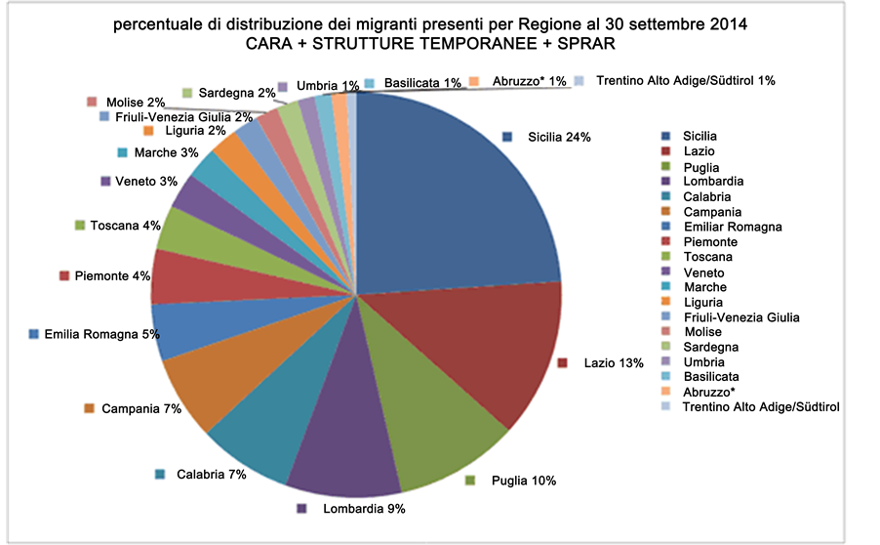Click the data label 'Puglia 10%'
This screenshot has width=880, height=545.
[x=523, y=481]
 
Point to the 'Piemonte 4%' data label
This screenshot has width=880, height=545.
[x=111, y=276]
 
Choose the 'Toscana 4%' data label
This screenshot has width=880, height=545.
[x=124, y=226]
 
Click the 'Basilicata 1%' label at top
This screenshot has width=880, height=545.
[x=421, y=83]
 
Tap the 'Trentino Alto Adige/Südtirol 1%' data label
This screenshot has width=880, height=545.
[x=683, y=80]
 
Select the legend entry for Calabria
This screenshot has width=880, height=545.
[x=705, y=196]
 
